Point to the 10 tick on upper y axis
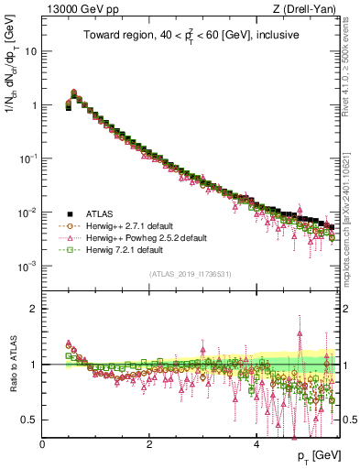pos(31,51)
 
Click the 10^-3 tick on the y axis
pos(27,267)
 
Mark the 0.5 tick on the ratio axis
pos(29,420)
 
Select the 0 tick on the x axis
pos(42,444)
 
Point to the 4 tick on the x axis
pos(256,444)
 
